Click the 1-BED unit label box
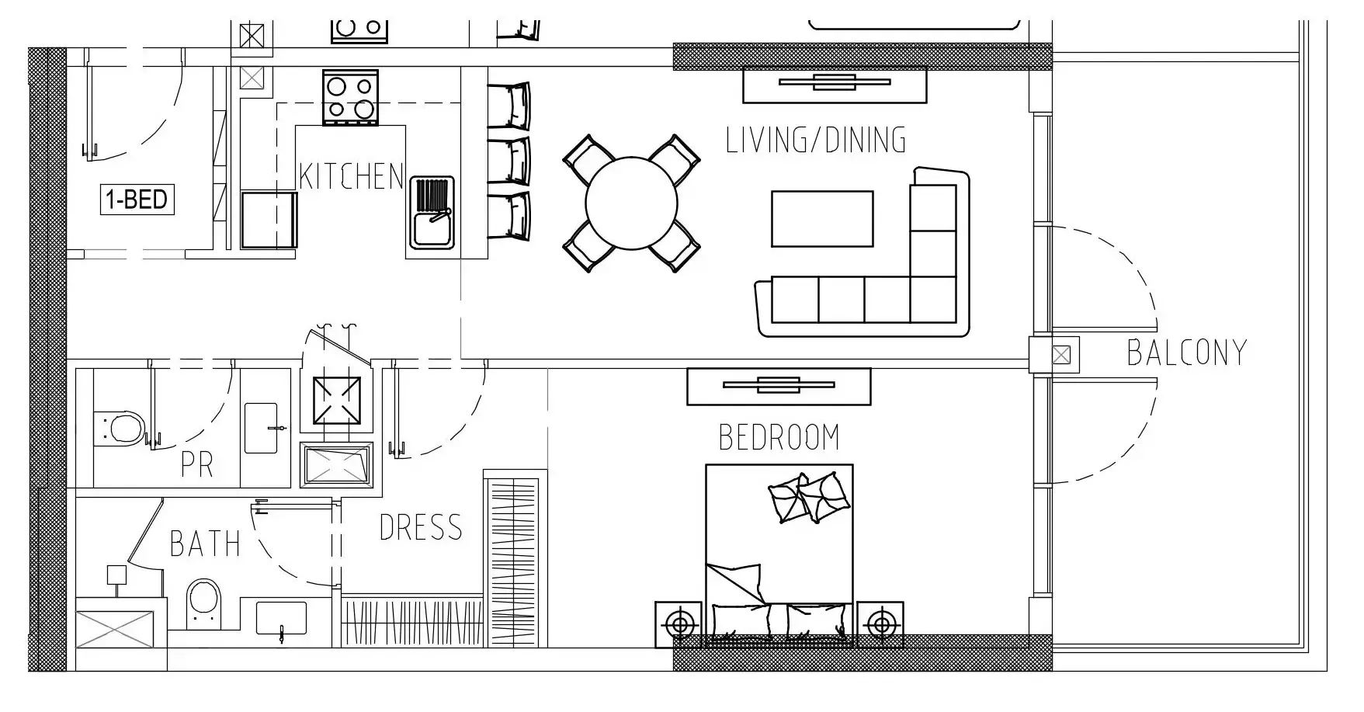pyautogui.click(x=137, y=200)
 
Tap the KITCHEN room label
pyautogui.click(x=352, y=176)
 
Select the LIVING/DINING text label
pyautogui.click(x=816, y=140)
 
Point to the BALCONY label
pyautogui.click(x=1186, y=353)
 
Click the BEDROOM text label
pyautogui.click(x=779, y=437)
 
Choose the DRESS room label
pyautogui.click(x=421, y=527)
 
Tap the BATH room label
pyautogui.click(x=205, y=544)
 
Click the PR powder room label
pyautogui.click(x=196, y=464)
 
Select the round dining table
pyautogui.click(x=632, y=203)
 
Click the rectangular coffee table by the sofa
pyautogui.click(x=822, y=219)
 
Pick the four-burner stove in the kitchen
pyautogui.click(x=350, y=97)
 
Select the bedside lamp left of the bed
pyautogui.click(x=680, y=623)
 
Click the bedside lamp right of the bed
pyautogui.click(x=880, y=623)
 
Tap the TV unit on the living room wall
pyautogui.click(x=835, y=85)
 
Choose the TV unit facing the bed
pyautogui.click(x=779, y=386)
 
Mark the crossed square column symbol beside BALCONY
pyautogui.click(x=1060, y=356)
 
